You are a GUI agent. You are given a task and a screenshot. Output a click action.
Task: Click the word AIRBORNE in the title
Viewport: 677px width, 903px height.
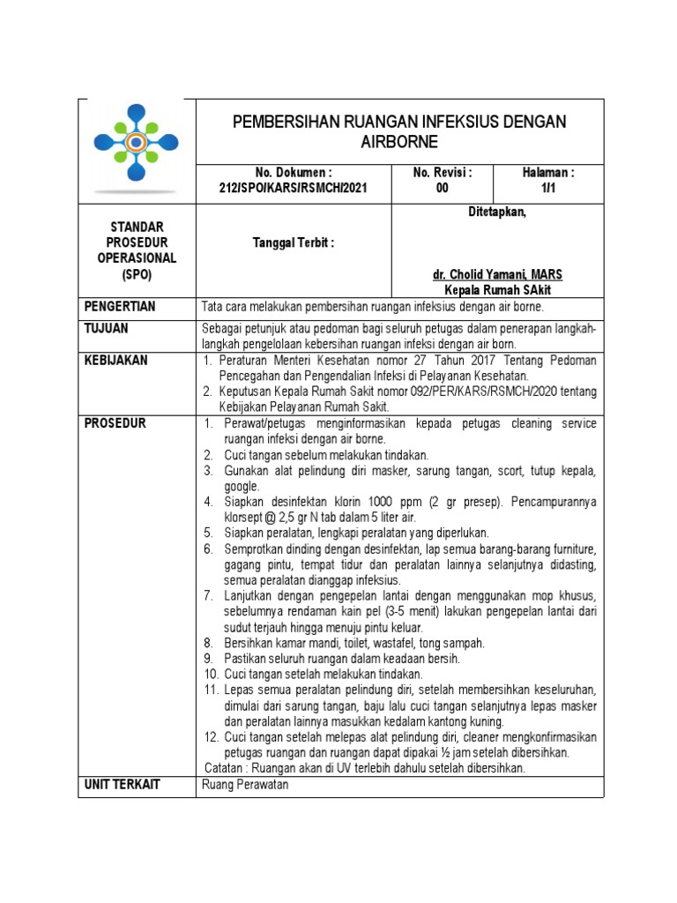[399, 142]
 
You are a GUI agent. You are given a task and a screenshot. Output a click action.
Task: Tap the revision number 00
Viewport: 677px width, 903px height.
[442, 189]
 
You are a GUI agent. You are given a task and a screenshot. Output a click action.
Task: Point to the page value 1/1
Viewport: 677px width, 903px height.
[547, 189]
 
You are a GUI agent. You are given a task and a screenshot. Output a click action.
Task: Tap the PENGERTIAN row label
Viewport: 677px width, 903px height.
[120, 307]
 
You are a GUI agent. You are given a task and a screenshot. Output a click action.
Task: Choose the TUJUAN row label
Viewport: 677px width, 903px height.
[107, 329]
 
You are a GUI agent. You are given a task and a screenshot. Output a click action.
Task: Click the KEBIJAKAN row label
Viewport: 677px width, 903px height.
[116, 361]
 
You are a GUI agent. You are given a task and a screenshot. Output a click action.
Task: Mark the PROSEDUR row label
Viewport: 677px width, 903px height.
[115, 423]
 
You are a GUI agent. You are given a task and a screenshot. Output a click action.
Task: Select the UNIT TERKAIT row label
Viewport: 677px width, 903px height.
[123, 784]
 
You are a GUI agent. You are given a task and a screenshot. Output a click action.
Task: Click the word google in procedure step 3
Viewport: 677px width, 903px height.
[242, 486]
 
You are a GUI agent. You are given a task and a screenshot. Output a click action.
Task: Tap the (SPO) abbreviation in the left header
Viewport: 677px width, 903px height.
[137, 275]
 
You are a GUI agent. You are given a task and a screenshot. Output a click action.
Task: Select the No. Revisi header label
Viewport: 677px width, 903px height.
[443, 173]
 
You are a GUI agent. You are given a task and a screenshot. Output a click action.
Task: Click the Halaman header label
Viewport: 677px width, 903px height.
[548, 173]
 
